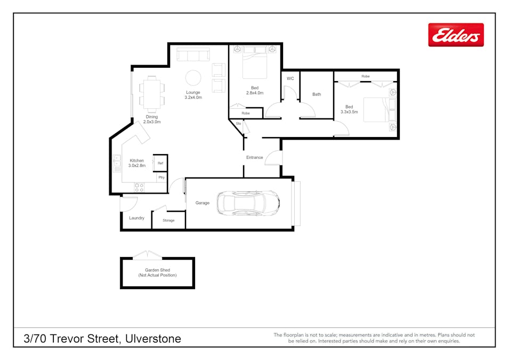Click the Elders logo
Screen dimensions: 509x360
tap(456, 35)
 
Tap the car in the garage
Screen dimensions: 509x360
tap(248, 203)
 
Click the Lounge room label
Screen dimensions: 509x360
tap(193, 92)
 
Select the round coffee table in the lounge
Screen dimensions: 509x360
tap(193, 78)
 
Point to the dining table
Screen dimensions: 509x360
tap(151, 94)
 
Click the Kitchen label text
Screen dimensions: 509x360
tap(136, 161)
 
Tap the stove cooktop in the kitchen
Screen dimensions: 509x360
tap(139, 188)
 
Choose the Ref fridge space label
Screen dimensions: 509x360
tap(160, 163)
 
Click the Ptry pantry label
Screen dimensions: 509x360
tap(161, 178)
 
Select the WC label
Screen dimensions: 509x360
tap(290, 78)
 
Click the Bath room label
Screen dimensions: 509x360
tap(317, 94)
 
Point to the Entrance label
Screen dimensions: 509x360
tap(255, 157)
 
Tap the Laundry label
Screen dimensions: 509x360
tap(136, 218)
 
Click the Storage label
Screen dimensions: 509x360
tap(168, 220)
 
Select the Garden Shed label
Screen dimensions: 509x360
tap(157, 270)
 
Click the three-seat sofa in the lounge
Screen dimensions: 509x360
tap(193, 54)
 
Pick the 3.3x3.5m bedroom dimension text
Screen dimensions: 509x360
tap(349, 112)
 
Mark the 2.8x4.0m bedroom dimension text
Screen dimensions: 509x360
tap(255, 93)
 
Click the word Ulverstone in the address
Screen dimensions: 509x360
tap(153, 339)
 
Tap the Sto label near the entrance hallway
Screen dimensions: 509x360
tap(239, 123)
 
